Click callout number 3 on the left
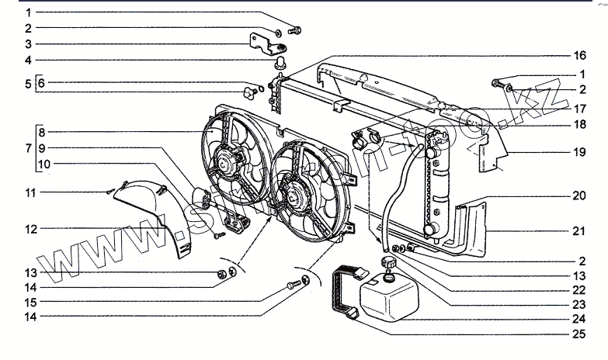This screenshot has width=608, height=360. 28,43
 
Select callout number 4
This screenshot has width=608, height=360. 28,60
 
